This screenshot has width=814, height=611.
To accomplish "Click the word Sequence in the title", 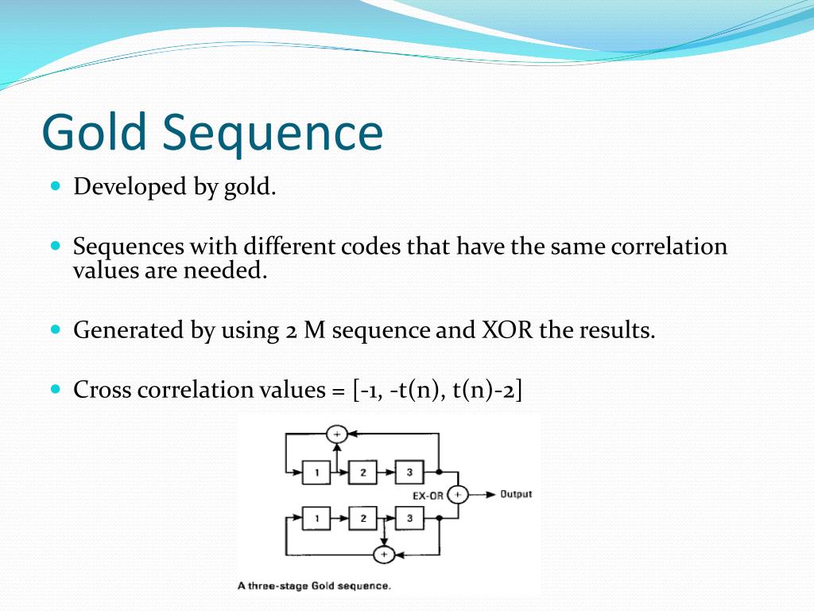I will [x=273, y=134].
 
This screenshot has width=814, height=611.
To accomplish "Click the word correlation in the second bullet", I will [x=669, y=247].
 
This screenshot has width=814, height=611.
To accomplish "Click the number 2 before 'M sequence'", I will [x=290, y=330].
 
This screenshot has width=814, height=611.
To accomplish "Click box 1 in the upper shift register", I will [x=316, y=473].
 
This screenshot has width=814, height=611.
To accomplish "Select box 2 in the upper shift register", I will [x=363, y=473].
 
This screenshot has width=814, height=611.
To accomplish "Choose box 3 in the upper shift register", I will [x=409, y=473].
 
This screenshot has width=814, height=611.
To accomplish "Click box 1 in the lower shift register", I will [x=316, y=519].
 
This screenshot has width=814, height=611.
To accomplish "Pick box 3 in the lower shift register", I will [x=409, y=519].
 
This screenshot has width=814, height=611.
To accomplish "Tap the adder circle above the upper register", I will [x=337, y=434].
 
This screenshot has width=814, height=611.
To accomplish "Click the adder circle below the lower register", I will [x=384, y=555].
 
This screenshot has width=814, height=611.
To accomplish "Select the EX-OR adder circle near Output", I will [x=457, y=495].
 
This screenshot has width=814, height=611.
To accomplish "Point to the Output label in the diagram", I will [x=516, y=494].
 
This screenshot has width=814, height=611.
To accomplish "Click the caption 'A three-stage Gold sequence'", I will [x=315, y=586].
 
